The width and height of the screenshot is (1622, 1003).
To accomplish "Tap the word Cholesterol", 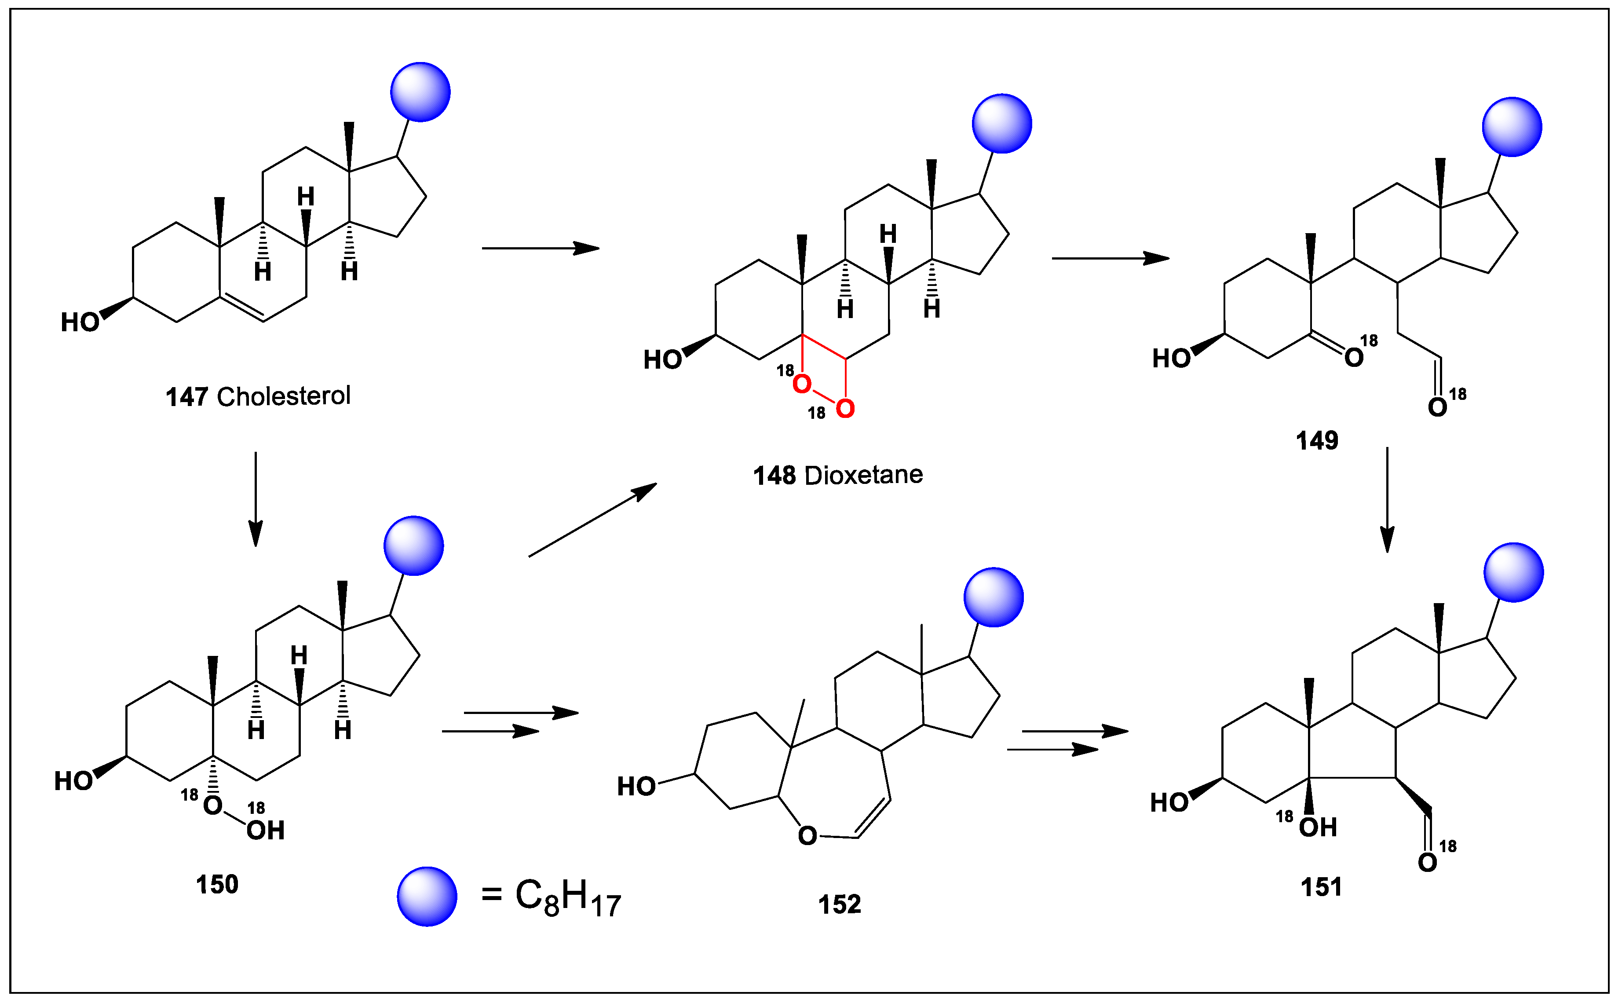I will coord(283,396).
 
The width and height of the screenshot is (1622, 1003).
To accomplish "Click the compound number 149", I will coord(1316,440).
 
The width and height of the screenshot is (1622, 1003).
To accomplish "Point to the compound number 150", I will coord(217,884).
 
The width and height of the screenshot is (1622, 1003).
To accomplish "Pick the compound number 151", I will coord(1320,887).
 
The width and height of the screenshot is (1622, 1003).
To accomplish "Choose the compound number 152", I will coord(839,904).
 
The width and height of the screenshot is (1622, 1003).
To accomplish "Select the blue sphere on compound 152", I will coord(993,597).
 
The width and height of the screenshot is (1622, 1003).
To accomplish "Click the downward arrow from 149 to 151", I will coord(1387,499).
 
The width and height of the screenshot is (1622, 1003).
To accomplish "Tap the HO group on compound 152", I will coord(636,787).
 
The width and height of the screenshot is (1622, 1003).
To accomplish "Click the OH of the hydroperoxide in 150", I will coord(265,831).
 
